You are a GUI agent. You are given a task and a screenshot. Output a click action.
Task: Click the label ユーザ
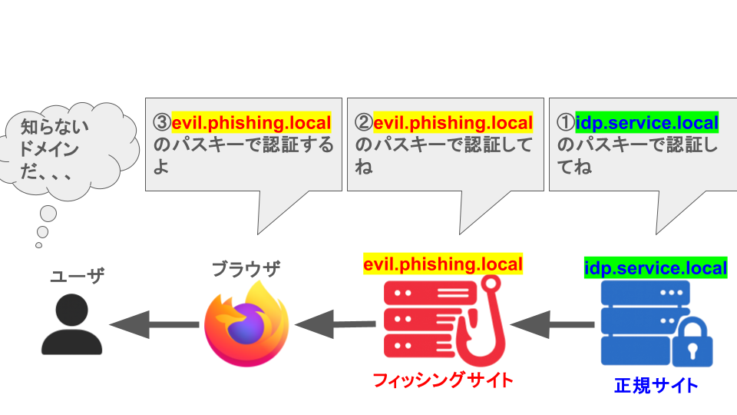click(x=77, y=277)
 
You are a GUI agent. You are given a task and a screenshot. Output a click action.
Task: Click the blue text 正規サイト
click(x=656, y=385)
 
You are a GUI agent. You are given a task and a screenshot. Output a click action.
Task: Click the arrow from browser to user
click(x=154, y=324)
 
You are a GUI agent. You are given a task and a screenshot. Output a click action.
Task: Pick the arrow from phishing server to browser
click(x=336, y=324)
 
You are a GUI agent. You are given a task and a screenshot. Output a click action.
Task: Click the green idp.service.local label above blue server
click(x=655, y=268)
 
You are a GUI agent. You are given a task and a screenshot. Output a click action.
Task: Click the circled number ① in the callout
click(x=565, y=123)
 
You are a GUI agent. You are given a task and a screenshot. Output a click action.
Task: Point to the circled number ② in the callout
click(x=364, y=123)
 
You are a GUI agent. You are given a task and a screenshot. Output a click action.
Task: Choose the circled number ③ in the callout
click(x=161, y=123)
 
